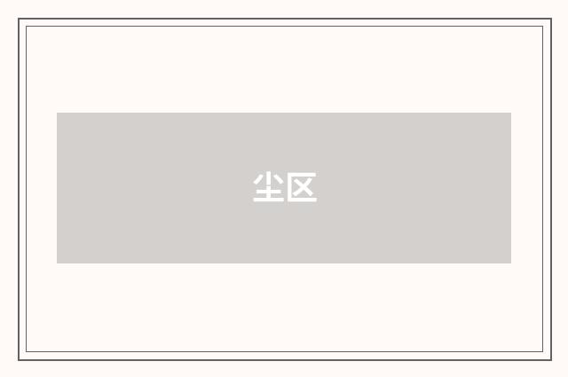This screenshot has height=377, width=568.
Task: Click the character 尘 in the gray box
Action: [268, 187]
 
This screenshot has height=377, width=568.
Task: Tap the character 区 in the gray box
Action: [301, 187]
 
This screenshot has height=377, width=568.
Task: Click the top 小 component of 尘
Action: [268, 178]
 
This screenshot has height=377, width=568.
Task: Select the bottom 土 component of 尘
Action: [268, 194]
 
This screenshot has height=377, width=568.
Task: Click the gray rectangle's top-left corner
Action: [57, 113]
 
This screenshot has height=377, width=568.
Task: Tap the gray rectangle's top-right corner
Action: [511, 113]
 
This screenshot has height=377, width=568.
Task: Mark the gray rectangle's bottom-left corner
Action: [57, 263]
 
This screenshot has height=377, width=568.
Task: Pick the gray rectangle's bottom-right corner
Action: [511, 263]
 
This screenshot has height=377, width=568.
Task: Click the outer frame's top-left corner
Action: [19, 19]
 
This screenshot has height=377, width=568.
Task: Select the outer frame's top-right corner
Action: [550, 19]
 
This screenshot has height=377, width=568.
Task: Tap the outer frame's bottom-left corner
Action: [19, 359]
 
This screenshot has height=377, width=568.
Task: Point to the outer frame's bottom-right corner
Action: [550, 359]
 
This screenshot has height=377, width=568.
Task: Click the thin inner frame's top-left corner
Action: [26, 26]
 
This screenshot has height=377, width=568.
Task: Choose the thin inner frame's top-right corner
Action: [543, 26]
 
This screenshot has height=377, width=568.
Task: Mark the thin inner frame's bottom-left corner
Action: [26, 352]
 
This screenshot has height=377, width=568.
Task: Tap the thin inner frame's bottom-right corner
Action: [543, 352]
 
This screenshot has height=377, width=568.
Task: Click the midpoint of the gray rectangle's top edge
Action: [284, 113]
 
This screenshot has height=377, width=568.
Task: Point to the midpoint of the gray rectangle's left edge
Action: [57, 188]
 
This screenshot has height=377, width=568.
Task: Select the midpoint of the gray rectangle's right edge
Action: [511, 188]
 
